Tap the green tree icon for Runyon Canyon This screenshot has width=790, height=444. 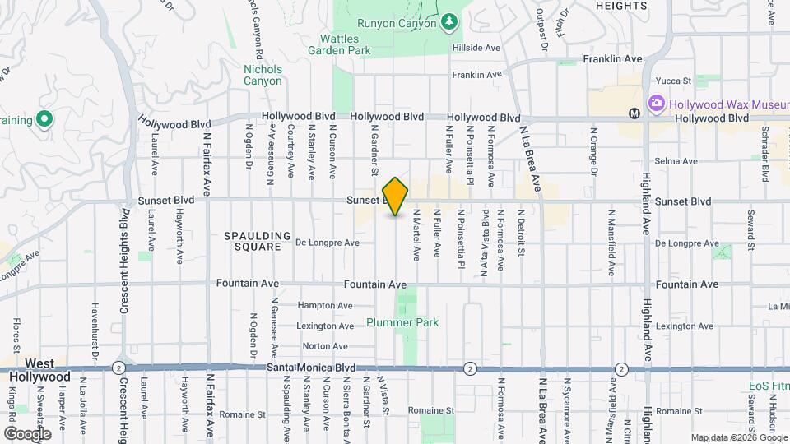click(x=448, y=21)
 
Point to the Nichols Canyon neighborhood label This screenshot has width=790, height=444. click(x=263, y=76)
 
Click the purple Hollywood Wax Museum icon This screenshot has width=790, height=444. click(x=657, y=104)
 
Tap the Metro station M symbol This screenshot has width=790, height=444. click(x=634, y=113)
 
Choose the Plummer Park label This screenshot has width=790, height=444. click(x=402, y=323)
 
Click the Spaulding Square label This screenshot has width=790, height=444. click(x=258, y=241)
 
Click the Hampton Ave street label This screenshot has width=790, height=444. click(x=325, y=305)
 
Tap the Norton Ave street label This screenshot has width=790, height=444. click(x=324, y=346)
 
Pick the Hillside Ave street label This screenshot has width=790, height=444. click(x=476, y=48)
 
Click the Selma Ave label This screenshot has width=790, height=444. click(x=676, y=161)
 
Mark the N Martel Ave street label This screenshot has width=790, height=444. click(x=417, y=234)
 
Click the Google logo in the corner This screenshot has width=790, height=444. click(x=27, y=433)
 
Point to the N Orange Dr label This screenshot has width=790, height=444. click(x=592, y=150)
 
